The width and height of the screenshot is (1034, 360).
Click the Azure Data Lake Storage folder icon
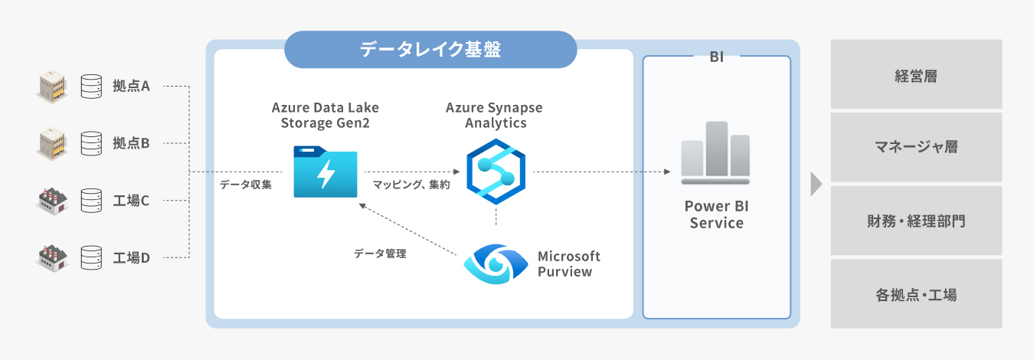click(326, 172)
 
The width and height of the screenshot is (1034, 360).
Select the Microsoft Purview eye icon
click(496, 263)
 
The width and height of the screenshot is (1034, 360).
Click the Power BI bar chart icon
click(716, 153)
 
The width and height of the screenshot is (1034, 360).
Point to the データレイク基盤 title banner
click(430, 50)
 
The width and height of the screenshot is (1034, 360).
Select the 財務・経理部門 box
click(916, 221)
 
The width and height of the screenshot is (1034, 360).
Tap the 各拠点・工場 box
click(916, 294)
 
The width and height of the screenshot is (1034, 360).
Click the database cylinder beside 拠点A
click(91, 86)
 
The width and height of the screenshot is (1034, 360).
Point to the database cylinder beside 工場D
click(91, 257)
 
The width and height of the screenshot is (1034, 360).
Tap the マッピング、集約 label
click(411, 185)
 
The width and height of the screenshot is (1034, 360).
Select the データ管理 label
click(380, 254)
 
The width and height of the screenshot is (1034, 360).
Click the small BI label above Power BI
click(716, 57)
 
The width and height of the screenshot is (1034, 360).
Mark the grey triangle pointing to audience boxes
click(816, 184)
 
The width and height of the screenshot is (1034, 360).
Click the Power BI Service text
click(716, 214)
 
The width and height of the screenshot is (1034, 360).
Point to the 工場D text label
click(131, 257)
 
